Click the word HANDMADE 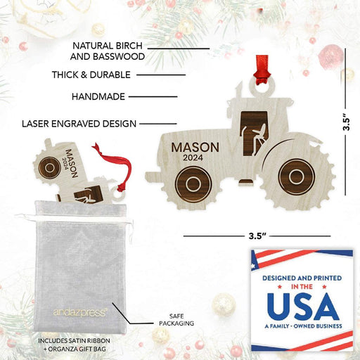coord(98,96)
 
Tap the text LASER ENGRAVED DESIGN coord(79,124)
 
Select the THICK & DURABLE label coord(91,75)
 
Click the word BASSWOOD coord(119,56)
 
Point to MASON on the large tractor coord(195,148)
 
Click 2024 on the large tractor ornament coord(193,157)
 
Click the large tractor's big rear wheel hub coord(297,177)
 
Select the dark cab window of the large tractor coord(254,133)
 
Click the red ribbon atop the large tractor coord(262,70)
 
